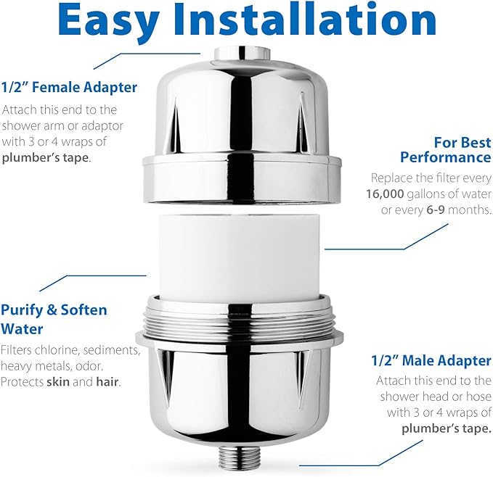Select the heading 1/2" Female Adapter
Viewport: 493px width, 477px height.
(69, 88)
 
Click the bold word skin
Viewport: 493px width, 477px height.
(57, 382)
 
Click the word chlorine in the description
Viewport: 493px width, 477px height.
(61, 350)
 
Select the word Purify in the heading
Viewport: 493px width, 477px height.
(23, 310)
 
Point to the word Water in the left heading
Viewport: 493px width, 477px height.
(22, 328)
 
